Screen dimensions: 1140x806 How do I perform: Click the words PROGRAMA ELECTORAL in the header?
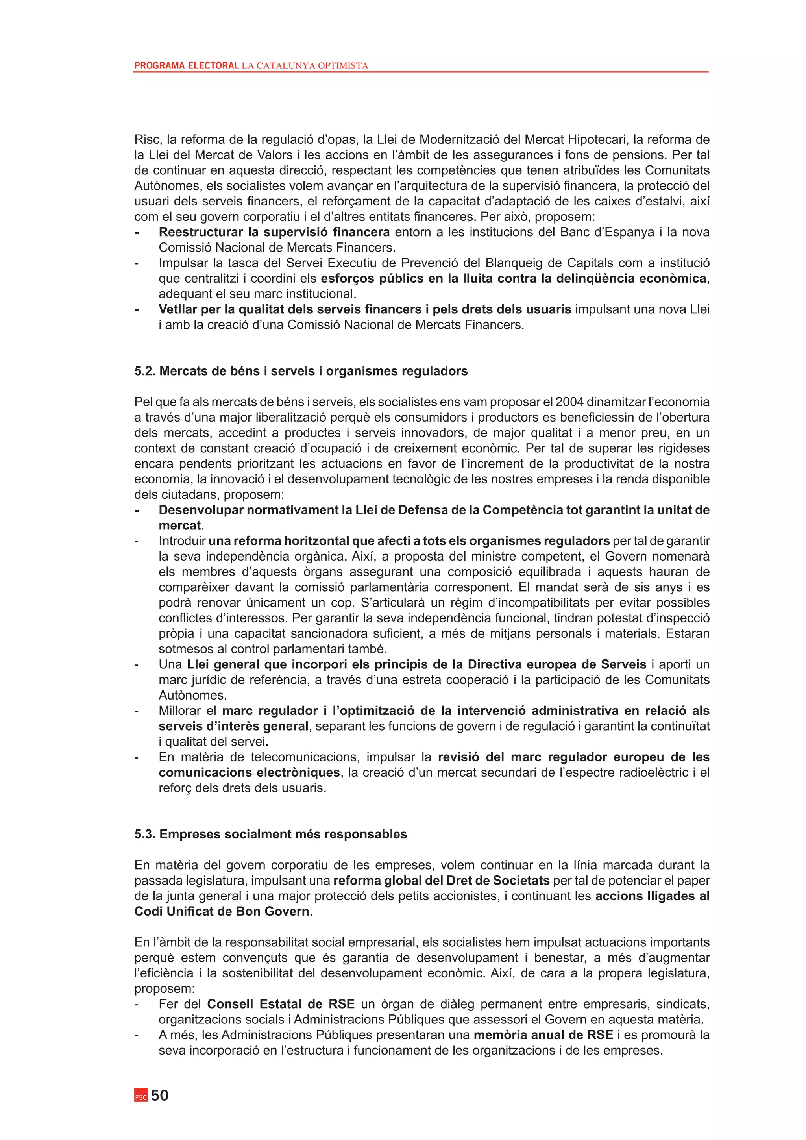pos(187,65)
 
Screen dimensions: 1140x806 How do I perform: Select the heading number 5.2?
pos(145,371)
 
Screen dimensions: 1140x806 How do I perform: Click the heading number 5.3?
pos(145,834)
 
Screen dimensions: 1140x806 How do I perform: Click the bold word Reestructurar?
pos(201,232)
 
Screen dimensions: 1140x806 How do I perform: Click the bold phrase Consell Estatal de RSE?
pos(281,1004)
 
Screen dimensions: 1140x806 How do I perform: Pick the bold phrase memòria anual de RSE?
pos(543,1035)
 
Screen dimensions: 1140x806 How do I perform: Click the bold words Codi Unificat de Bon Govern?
pos(222,912)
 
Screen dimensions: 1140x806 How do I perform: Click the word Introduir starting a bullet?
pos(182,541)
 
